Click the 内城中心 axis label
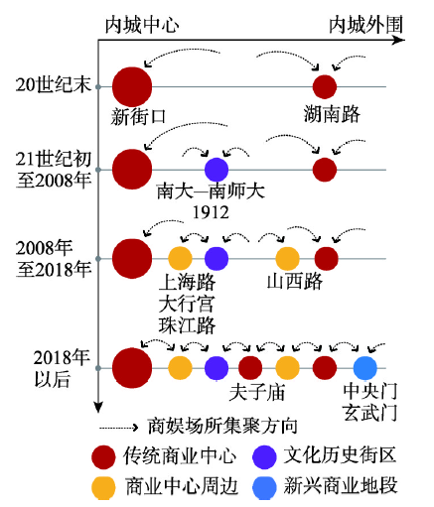142,25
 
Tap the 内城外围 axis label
365,25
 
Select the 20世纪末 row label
53,84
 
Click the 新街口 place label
138,117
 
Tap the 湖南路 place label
332,114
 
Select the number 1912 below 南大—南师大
211,212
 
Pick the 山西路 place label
294,282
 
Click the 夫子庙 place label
257,392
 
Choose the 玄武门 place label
369,413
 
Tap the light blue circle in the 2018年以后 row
365,368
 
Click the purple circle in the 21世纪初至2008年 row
217,170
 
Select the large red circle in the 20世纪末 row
132,87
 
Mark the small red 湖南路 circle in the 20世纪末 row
325,87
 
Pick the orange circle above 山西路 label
288,258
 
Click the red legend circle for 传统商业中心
103,457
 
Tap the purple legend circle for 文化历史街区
264,457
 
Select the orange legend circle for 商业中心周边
103,487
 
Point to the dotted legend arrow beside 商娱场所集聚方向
119,428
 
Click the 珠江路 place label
187,325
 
